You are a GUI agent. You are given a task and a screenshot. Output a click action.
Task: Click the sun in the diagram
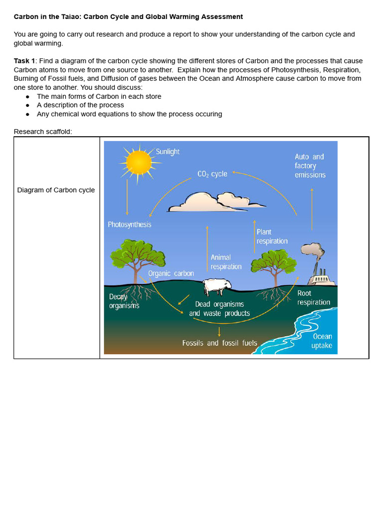click(x=139, y=162)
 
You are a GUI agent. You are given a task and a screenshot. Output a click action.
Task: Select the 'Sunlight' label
click(x=168, y=152)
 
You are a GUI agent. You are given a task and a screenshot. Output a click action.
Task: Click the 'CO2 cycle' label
click(x=212, y=174)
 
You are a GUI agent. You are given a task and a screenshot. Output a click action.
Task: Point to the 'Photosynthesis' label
click(x=129, y=225)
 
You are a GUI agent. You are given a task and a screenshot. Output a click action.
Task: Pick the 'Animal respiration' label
click(x=226, y=262)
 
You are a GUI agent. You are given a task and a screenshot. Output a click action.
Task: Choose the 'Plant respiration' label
click(x=272, y=237)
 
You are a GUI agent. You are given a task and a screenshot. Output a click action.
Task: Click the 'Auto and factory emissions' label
click(x=310, y=166)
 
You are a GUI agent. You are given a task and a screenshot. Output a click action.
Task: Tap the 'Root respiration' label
click(x=313, y=298)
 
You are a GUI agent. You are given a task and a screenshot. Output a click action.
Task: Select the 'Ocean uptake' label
click(x=322, y=341)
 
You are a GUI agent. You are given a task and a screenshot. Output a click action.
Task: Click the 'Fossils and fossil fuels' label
click(x=219, y=343)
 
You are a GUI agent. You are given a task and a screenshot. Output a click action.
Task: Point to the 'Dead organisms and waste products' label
click(x=219, y=309)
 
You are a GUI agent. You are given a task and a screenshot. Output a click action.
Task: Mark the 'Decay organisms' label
click(x=124, y=301)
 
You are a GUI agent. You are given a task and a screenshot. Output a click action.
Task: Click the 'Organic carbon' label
click(x=171, y=273)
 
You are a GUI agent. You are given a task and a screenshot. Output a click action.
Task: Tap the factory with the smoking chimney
click(x=320, y=277)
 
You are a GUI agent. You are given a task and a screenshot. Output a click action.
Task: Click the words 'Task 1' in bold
click(x=24, y=61)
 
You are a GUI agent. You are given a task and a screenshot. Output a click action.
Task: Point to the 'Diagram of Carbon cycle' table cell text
click(x=56, y=190)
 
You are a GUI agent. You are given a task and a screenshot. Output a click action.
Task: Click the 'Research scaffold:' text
click(x=43, y=132)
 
